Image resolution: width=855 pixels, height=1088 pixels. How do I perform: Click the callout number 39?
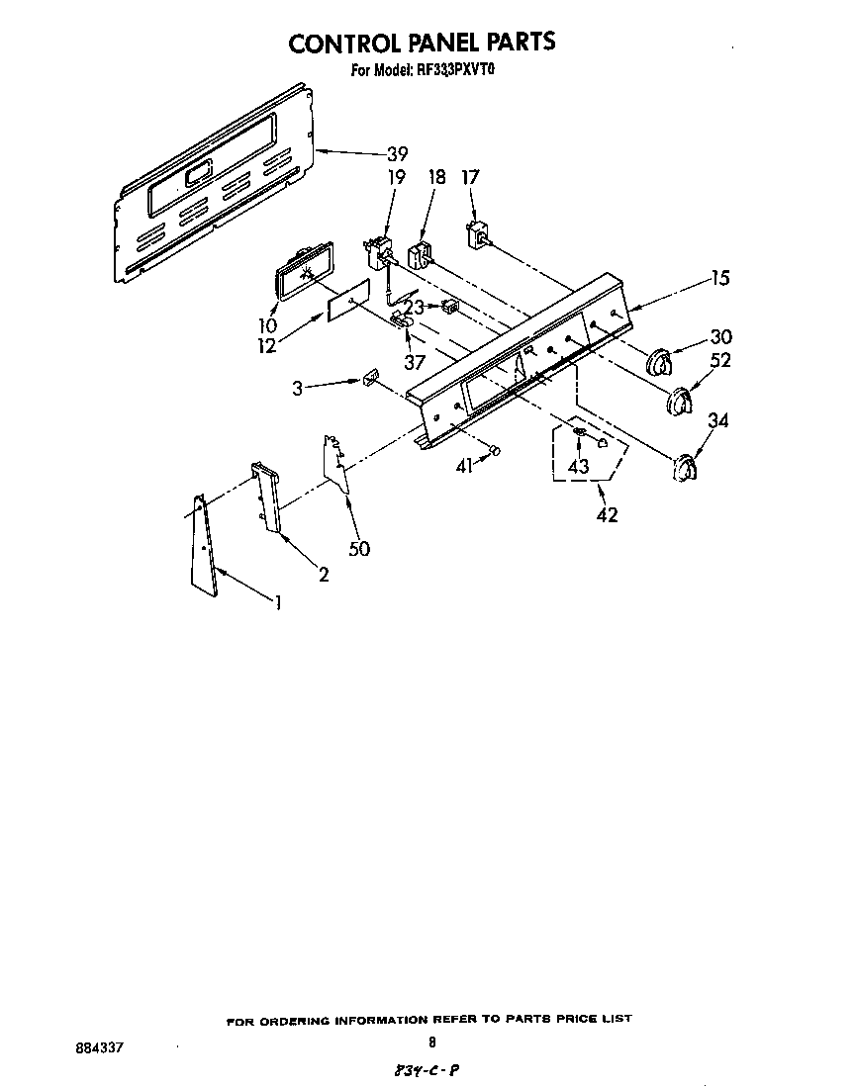(397, 154)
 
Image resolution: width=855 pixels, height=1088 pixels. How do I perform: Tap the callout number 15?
(719, 279)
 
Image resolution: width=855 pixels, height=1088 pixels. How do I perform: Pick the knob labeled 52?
(678, 404)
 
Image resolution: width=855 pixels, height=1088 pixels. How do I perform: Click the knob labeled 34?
(684, 468)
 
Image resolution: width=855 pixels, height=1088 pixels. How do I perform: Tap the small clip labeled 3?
(371, 378)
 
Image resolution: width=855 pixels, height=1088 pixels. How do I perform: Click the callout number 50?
(359, 547)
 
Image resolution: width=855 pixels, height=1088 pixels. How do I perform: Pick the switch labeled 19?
(377, 254)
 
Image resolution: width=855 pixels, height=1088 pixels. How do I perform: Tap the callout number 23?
(415, 308)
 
